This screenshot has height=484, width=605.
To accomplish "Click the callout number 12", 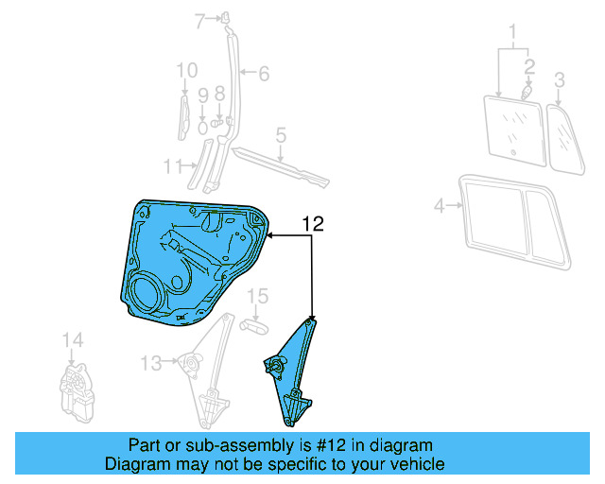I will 313,224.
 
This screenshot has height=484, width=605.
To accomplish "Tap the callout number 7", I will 199,20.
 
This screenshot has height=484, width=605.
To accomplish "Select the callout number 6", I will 264,72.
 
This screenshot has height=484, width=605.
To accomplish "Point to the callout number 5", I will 281,137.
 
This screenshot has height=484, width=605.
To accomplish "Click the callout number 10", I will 186,69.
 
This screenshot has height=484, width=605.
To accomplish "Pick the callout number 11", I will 170,166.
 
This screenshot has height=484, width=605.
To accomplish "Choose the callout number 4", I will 439,205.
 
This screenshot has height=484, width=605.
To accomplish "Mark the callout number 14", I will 73,340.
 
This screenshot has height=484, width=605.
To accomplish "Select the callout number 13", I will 150,361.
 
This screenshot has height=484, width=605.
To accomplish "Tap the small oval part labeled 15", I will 256,325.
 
